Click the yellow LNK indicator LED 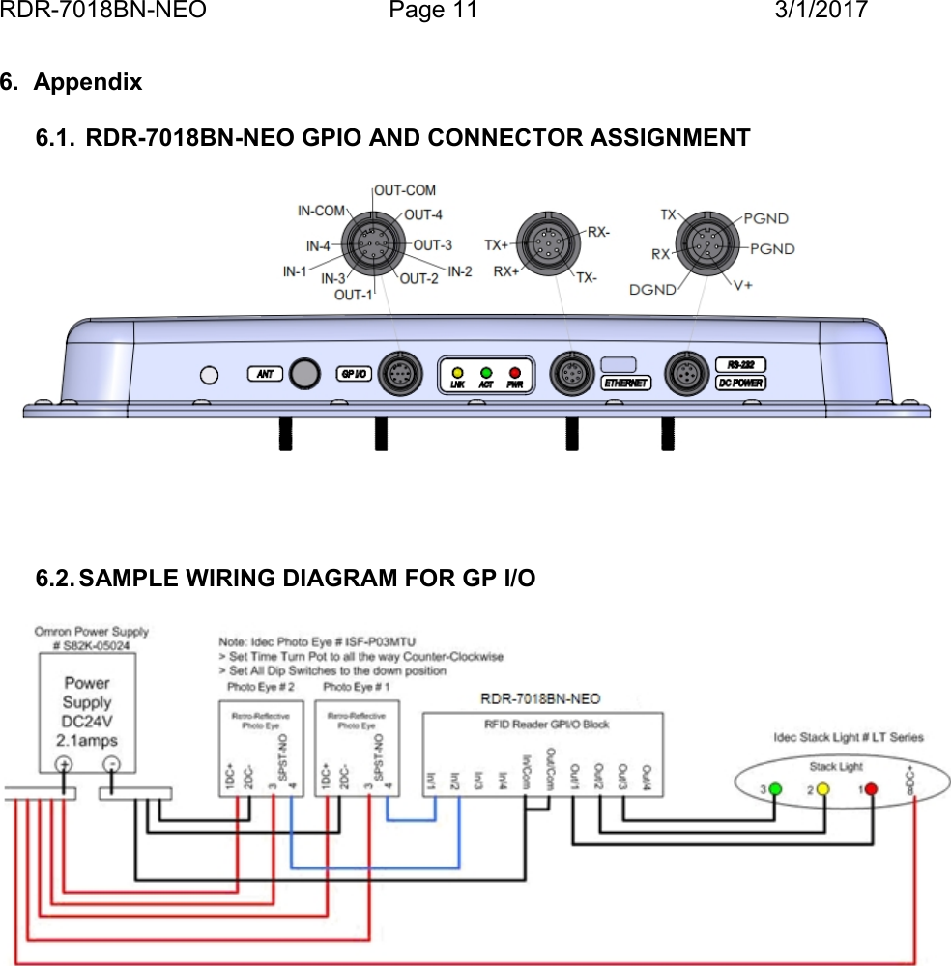458,372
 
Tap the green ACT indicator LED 486,372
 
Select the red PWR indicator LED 515,372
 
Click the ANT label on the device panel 264,373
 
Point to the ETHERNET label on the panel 626,383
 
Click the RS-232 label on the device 739,365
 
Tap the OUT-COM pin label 404,190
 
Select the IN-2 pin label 459,271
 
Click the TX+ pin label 497,245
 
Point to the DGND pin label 651,289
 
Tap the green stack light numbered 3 775,789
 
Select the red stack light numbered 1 871,789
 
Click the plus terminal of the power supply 63,763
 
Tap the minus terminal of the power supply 111,763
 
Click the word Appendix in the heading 87,82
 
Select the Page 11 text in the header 433,11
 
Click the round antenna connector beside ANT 305,374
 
